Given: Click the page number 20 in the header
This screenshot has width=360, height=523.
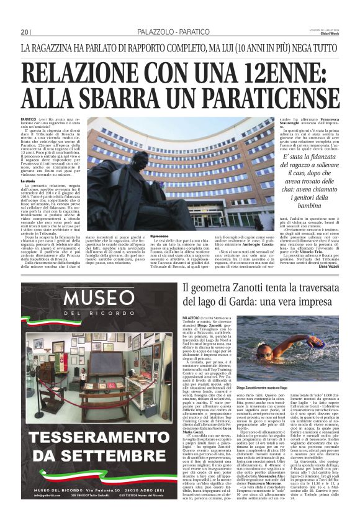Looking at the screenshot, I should tap(25, 32).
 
